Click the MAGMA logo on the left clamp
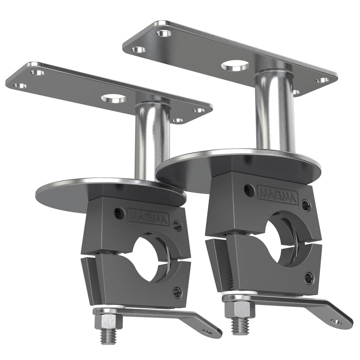[148, 217]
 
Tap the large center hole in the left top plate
[113, 99]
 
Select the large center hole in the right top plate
[235, 66]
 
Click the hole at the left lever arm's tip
[207, 331]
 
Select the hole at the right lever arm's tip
[336, 321]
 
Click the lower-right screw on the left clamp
[176, 291]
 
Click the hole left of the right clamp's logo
[249, 190]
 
